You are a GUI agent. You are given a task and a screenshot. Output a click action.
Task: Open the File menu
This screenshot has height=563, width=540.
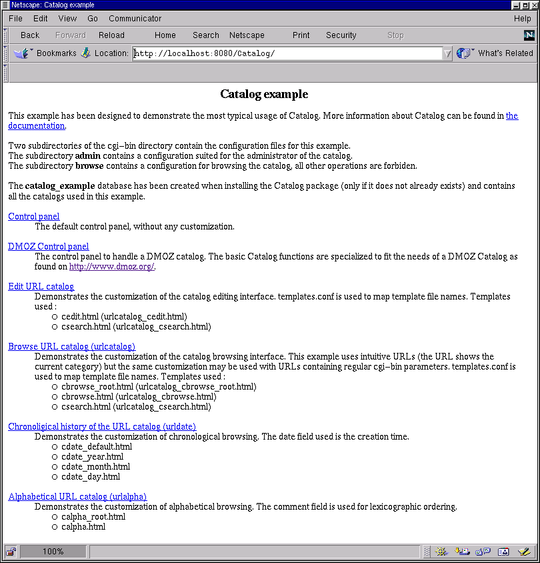point(15,19)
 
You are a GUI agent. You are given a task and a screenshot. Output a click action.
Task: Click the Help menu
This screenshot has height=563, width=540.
point(522,19)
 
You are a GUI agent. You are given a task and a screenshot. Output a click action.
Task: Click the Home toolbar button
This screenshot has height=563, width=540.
point(165,35)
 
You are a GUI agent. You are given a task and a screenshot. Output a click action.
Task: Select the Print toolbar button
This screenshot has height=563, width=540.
point(301,35)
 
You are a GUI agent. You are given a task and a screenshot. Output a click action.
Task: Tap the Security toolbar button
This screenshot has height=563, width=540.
point(341,35)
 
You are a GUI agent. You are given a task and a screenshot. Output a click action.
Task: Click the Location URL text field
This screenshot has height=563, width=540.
point(287,53)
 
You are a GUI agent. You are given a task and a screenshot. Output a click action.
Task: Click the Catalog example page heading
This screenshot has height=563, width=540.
point(264,95)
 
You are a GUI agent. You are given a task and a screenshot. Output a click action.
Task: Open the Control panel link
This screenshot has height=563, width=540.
point(33,216)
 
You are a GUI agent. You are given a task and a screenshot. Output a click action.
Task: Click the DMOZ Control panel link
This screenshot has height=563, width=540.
point(48,246)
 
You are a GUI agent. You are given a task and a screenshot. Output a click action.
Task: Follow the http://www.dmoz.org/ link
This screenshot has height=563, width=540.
point(111,267)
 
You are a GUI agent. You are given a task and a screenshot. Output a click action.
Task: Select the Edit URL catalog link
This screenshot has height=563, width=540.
point(41,286)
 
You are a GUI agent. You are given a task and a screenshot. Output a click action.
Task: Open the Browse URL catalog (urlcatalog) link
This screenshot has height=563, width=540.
point(71,346)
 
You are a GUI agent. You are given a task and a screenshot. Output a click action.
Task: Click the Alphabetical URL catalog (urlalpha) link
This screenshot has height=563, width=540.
point(77,496)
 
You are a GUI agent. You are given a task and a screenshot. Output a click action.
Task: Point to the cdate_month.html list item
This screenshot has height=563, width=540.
point(95,467)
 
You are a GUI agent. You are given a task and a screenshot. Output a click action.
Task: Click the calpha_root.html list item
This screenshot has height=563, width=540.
point(93,517)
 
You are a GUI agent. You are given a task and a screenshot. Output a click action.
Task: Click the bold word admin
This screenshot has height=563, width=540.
point(88,156)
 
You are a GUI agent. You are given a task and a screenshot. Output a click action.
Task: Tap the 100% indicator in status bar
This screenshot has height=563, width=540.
point(53,552)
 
